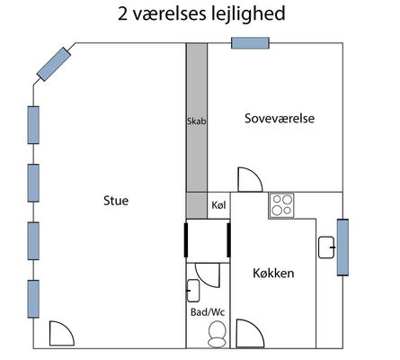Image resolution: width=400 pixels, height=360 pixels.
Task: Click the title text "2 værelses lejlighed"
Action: pyautogui.click(x=201, y=13)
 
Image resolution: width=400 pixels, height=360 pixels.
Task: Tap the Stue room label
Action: pyautogui.click(x=116, y=201)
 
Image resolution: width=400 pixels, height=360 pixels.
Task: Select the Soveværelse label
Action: pyautogui.click(x=280, y=118)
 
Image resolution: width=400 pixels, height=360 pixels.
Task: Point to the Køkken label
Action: pyautogui.click(x=273, y=274)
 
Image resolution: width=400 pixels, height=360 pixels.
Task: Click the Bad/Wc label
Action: pyautogui.click(x=208, y=312)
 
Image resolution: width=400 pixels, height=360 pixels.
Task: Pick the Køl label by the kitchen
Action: pyautogui.click(x=218, y=205)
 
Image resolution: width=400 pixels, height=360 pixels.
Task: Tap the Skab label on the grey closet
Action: pyautogui.click(x=197, y=121)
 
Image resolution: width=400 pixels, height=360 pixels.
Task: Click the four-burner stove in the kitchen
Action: pyautogui.click(x=281, y=205)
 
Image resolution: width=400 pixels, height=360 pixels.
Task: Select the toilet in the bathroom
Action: pyautogui.click(x=217, y=334)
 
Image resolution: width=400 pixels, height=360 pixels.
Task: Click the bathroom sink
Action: pyautogui.click(x=193, y=291)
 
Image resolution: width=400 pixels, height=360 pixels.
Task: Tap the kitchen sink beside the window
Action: pyautogui.click(x=326, y=247)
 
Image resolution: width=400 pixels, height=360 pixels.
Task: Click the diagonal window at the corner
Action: pyautogui.click(x=54, y=64)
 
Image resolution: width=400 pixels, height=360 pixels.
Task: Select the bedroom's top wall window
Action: pyautogui.click(x=250, y=43)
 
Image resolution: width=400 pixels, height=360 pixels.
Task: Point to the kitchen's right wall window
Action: pyautogui.click(x=342, y=247)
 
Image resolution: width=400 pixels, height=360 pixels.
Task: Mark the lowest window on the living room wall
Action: pyautogui.click(x=33, y=299)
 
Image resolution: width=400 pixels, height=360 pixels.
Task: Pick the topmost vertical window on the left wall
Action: pyautogui.click(x=33, y=125)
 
